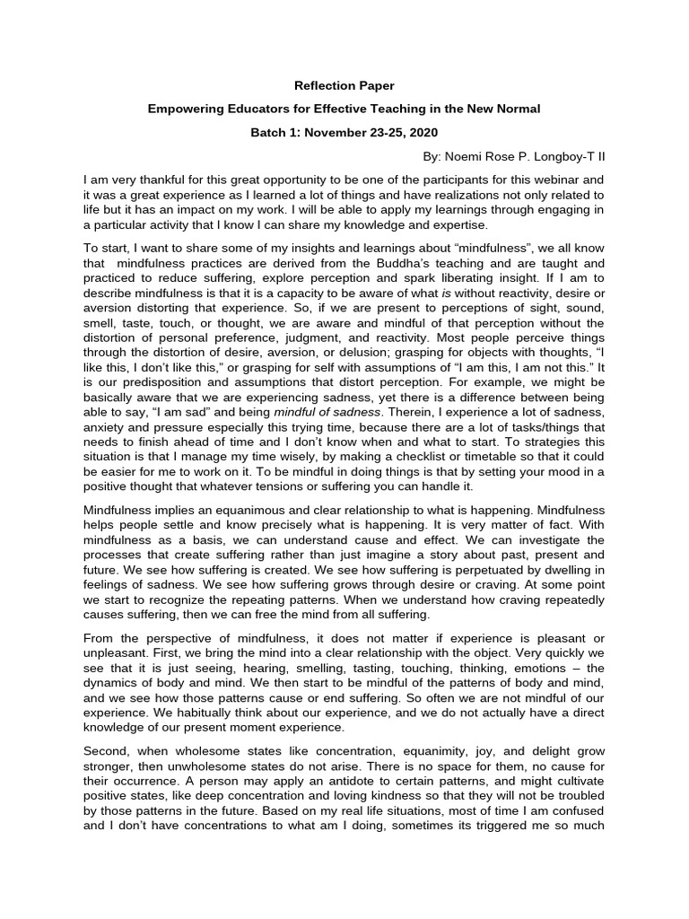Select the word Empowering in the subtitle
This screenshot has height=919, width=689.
coord(186,109)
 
